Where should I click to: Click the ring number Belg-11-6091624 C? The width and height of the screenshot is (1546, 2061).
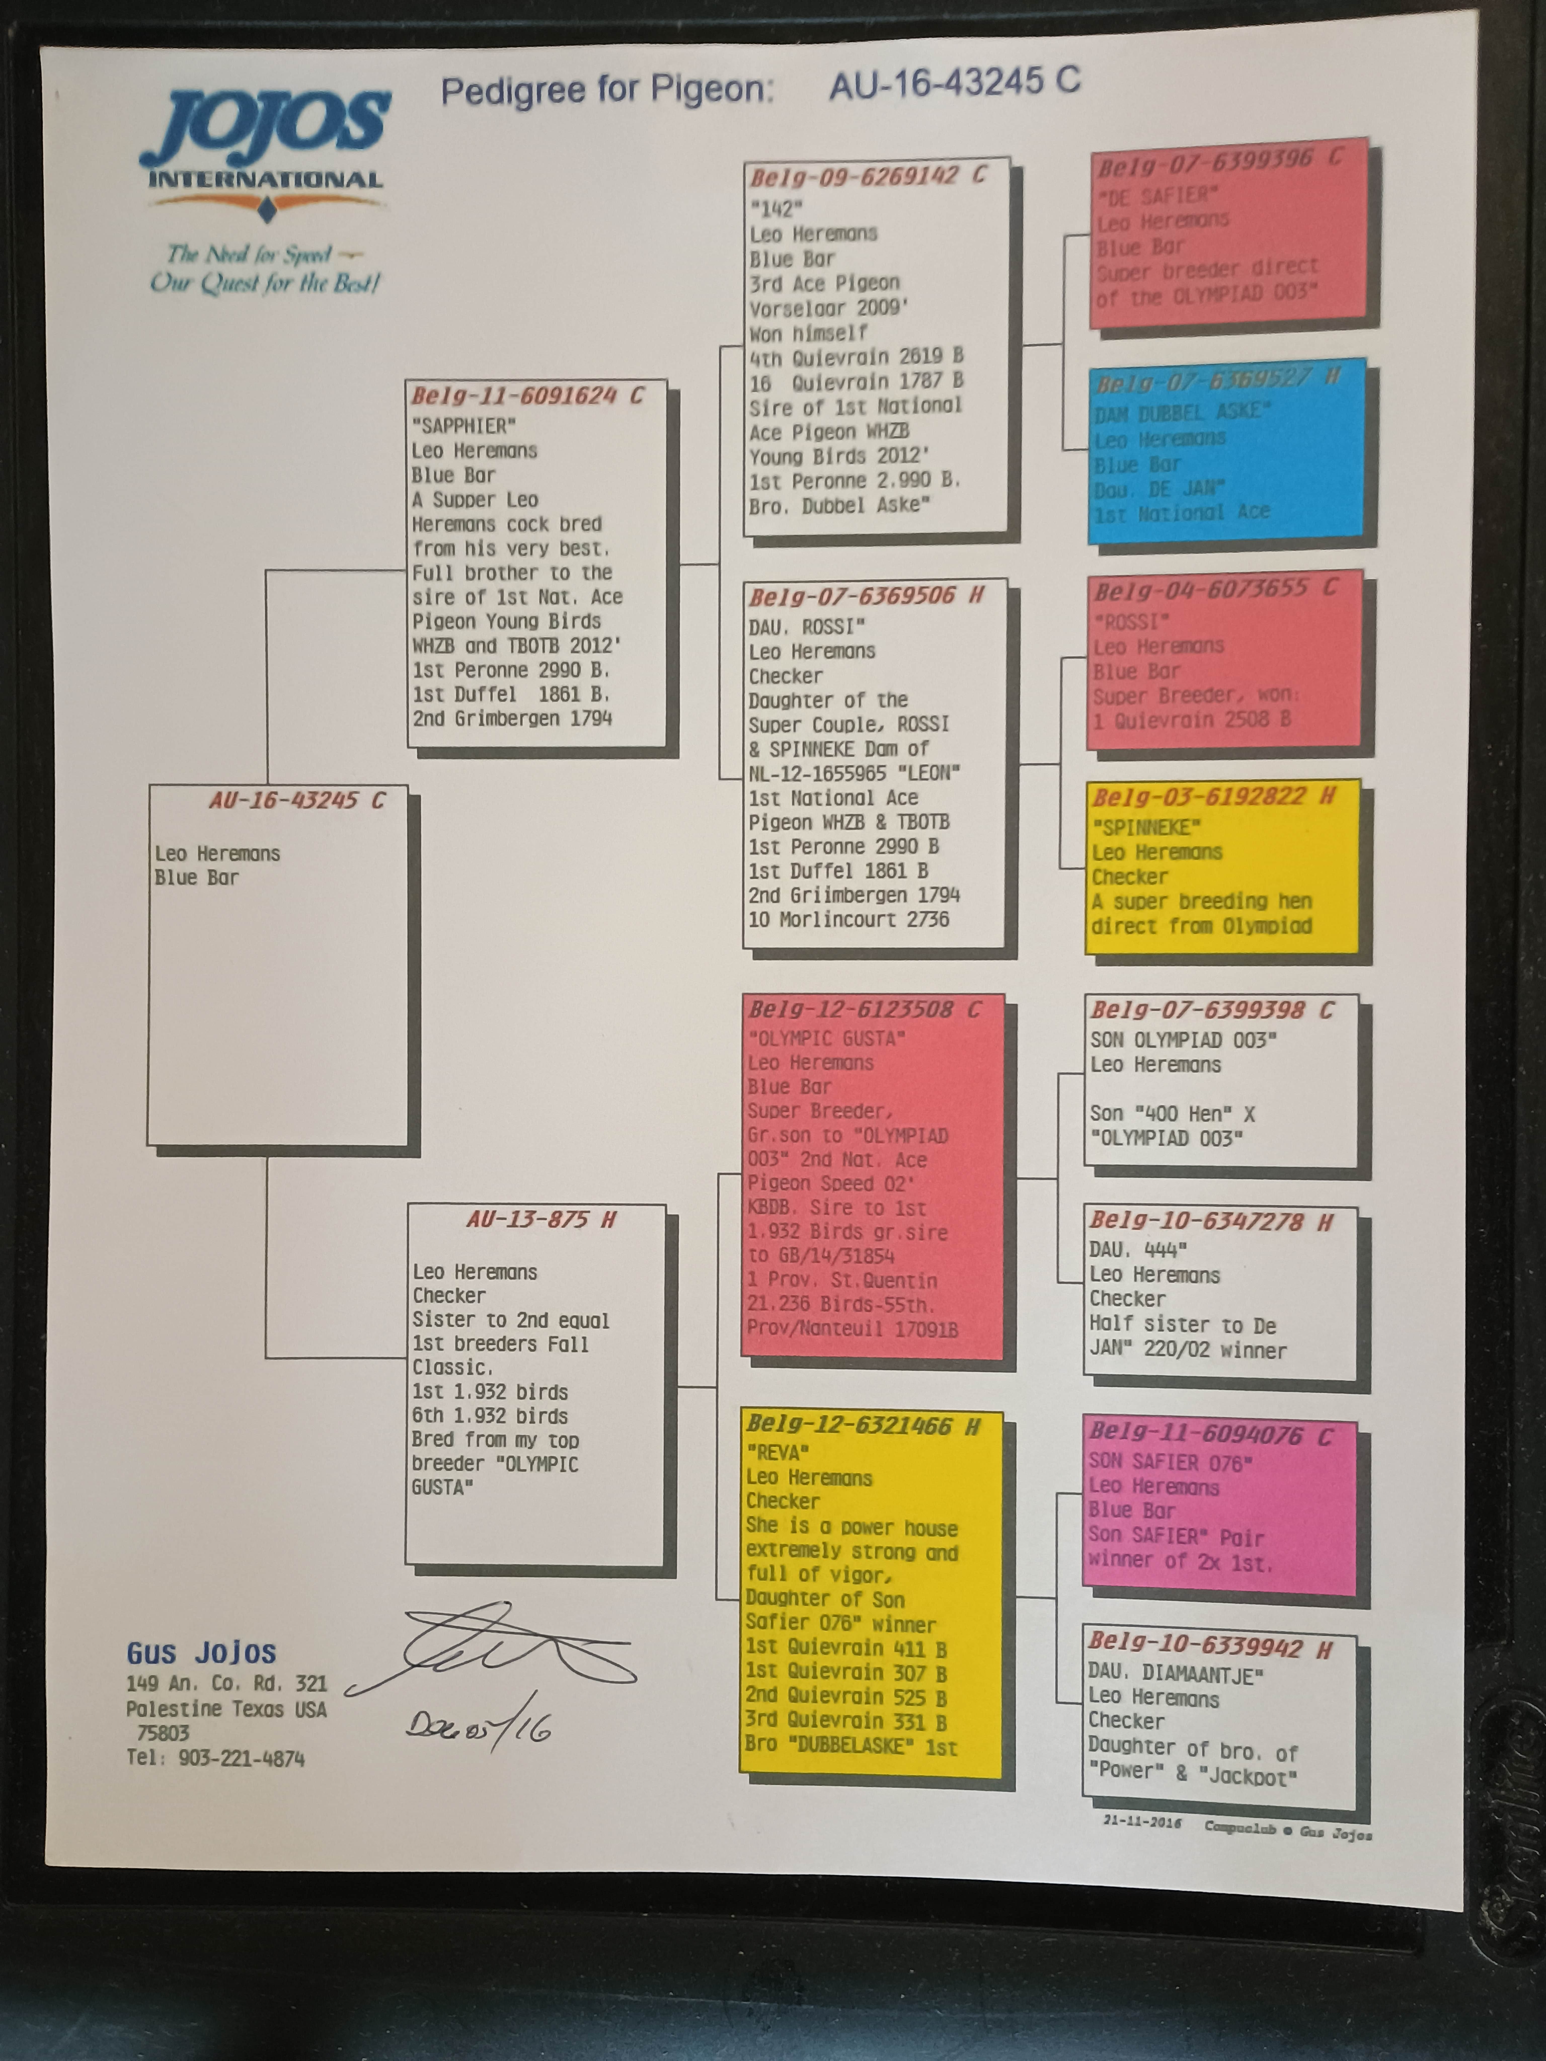point(527,396)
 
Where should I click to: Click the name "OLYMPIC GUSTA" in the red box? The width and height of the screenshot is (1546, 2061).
point(826,1038)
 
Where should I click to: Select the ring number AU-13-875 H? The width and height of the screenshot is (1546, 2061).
point(540,1220)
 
